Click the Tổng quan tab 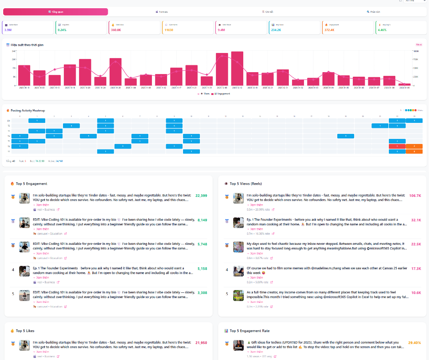56,12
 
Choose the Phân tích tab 373,12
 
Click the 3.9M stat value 8,30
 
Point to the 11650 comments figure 168,30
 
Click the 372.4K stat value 329,30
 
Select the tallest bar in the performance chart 237,69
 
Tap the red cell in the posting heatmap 397,146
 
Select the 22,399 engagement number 201,195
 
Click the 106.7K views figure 415,195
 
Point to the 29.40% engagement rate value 414,342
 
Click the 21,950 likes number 201,342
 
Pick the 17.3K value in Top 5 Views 416,269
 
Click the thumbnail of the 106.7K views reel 237,198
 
